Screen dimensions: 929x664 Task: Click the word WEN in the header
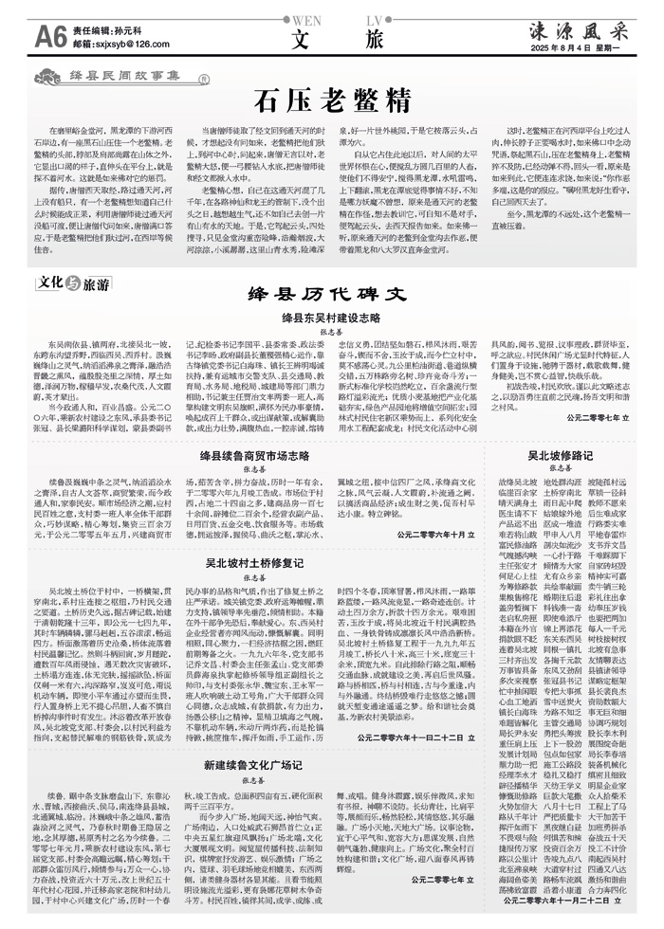(302, 18)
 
